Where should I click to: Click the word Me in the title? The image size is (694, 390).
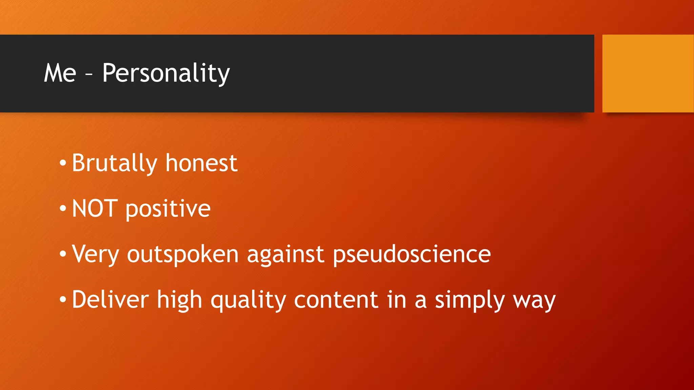[x=60, y=73]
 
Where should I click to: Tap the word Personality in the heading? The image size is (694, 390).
[x=166, y=73]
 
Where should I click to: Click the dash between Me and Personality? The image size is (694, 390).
[x=89, y=74]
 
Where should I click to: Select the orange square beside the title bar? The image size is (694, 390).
[x=648, y=73]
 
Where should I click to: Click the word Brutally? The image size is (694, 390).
[x=115, y=164]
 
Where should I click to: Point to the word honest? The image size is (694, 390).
[x=202, y=164]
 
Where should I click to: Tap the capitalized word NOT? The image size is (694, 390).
[x=95, y=209]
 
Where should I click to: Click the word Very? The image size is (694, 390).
[x=96, y=255]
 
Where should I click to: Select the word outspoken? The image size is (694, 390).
[x=183, y=255]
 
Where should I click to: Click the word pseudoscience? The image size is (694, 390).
[x=411, y=255]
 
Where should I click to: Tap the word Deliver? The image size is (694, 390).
[x=110, y=300]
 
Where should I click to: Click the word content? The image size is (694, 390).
[x=336, y=300]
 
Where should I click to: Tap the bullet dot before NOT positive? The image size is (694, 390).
[x=63, y=209]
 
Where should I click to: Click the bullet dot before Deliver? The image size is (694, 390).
[x=63, y=300]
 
